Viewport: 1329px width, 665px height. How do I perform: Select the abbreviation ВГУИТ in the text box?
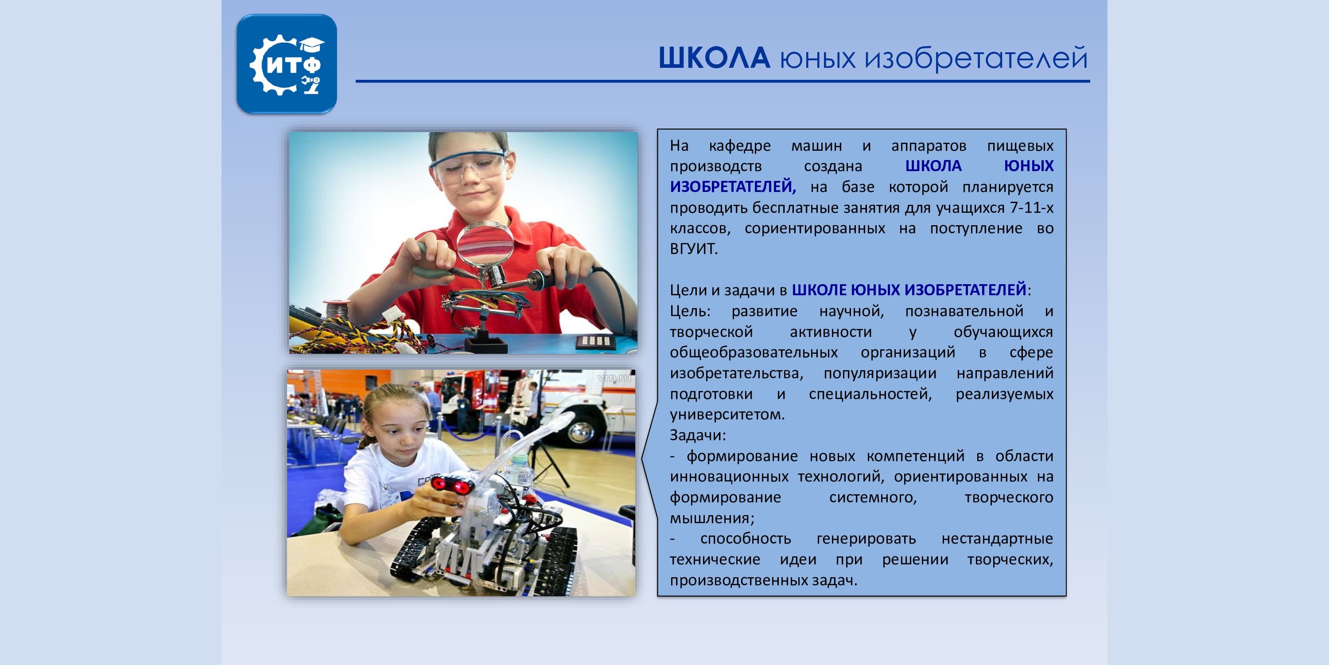[x=693, y=249]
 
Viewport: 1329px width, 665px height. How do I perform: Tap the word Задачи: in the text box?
[x=698, y=435]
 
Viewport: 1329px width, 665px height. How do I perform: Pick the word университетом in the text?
[x=727, y=415]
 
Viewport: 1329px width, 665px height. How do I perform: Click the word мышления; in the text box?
[x=712, y=518]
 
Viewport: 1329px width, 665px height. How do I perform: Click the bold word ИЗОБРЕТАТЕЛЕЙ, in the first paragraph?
[x=733, y=187]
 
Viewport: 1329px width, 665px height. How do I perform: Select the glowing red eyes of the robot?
[x=453, y=484]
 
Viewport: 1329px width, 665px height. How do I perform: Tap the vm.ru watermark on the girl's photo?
[x=614, y=378]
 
